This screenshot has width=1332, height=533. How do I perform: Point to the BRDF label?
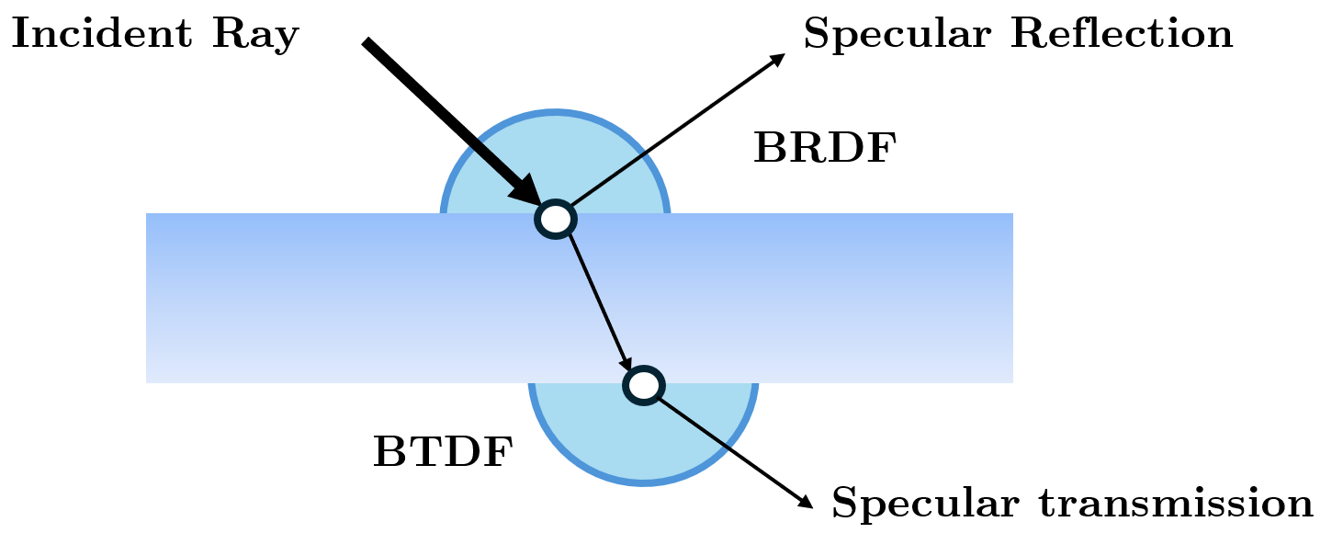[x=824, y=149]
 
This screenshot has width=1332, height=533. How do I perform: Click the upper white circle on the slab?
[x=556, y=219]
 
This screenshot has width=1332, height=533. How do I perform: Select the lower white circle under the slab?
[x=644, y=385]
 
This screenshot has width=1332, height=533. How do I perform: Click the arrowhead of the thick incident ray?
[x=528, y=192]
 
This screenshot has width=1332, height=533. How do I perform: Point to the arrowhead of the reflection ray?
[x=777, y=59]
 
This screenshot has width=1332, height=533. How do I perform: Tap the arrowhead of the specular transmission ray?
[x=806, y=501]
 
